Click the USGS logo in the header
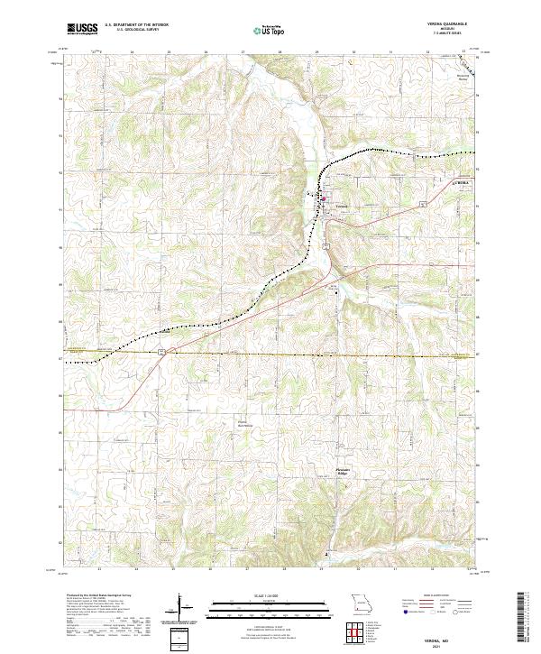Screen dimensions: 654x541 82,28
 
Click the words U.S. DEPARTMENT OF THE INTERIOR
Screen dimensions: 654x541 134,25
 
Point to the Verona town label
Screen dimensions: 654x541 340,207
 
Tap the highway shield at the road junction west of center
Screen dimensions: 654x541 161,350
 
